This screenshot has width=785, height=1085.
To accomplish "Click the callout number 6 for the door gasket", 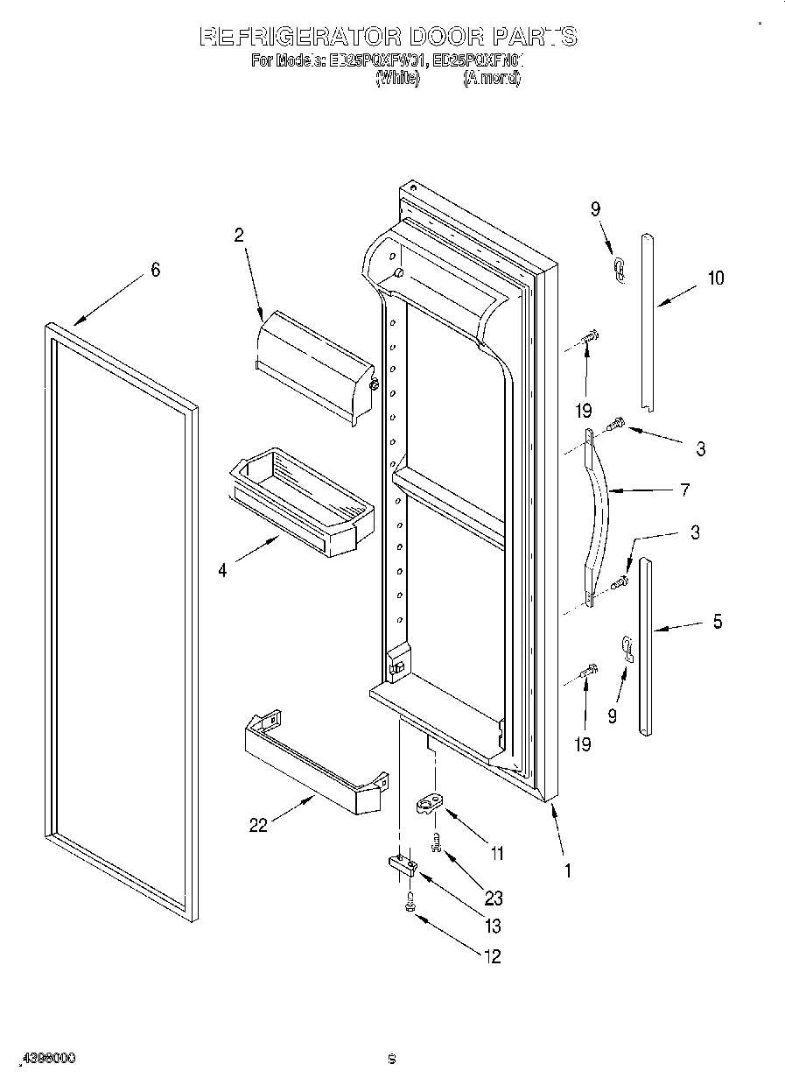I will (155, 270).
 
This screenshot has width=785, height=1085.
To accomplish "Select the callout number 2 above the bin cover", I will (238, 235).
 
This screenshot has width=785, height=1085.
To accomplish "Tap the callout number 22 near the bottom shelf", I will (258, 824).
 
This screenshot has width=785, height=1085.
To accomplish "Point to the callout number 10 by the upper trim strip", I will (716, 278).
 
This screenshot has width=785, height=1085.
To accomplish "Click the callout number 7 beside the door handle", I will (684, 490).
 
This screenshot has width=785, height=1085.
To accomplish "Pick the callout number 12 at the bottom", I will (492, 957).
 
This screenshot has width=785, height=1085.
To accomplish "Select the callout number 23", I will (494, 898).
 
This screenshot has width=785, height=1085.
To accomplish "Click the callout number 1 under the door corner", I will (567, 871).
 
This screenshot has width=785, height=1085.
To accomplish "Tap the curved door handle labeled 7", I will (599, 517).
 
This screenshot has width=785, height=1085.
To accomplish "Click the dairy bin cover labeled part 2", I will (315, 363).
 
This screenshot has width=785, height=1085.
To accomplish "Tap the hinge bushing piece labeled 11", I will (431, 804).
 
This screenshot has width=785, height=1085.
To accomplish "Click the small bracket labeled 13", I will (402, 865).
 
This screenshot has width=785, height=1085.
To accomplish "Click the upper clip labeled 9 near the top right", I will (619, 270).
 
